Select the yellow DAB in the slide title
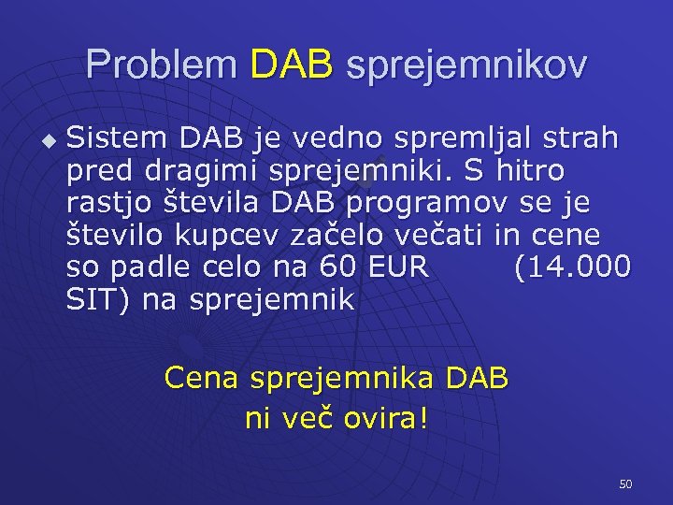click(292, 65)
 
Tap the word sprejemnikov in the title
click(466, 66)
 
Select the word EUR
click(396, 267)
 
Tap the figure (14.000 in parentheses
click(572, 268)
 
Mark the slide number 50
click(625, 483)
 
